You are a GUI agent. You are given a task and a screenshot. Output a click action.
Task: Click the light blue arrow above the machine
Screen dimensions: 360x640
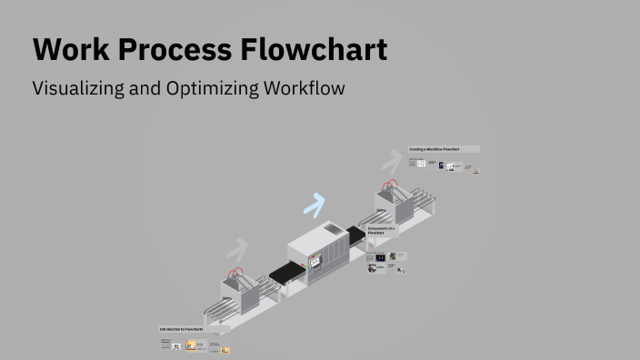coord(315,205)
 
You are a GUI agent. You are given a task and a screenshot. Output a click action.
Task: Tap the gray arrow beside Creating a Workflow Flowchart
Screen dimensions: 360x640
coord(391,162)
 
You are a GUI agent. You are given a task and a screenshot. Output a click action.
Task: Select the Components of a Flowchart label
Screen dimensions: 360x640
coord(382,231)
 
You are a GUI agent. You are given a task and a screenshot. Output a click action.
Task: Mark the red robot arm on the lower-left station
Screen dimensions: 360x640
coord(235,272)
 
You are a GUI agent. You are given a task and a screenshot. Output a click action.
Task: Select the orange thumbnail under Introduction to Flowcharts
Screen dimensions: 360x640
coord(190,345)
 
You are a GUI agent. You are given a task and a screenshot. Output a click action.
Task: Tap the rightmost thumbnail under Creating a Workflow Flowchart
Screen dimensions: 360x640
coord(476,170)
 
